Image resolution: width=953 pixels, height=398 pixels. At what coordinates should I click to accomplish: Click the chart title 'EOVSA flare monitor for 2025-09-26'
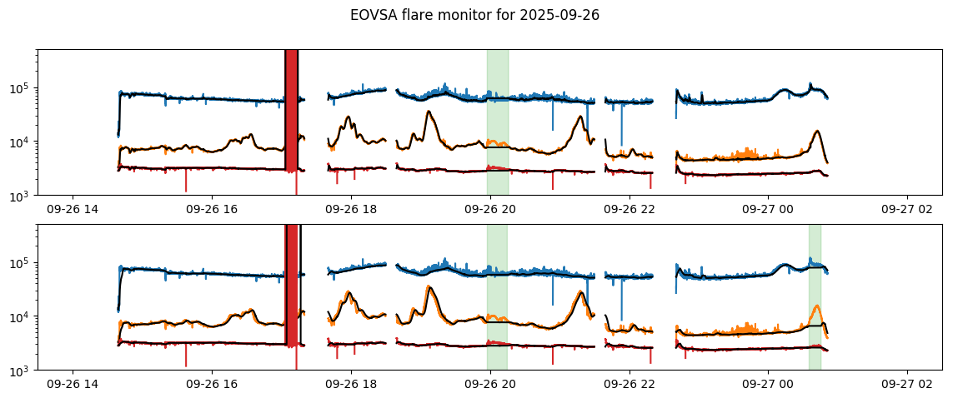(474, 15)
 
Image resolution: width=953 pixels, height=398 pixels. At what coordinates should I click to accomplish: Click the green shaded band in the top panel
(498, 117)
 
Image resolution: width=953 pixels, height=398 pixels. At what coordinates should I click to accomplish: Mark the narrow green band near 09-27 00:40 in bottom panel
(815, 291)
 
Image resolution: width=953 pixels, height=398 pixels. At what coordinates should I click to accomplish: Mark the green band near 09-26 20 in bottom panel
(497, 291)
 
